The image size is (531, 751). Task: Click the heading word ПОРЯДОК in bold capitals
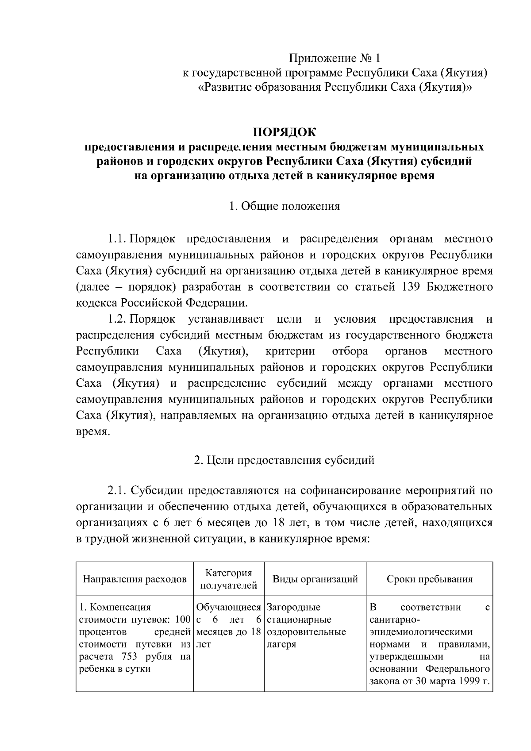tap(285, 132)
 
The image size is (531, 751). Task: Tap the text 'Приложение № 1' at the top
tap(335, 58)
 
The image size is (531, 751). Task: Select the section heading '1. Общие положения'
tap(285, 206)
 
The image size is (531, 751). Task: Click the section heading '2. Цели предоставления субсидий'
tap(285, 460)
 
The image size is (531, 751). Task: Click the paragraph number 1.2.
tap(117, 319)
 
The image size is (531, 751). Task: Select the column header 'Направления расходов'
tap(135, 579)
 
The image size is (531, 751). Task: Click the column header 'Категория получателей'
tap(229, 579)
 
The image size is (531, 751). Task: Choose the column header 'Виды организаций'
tap(315, 579)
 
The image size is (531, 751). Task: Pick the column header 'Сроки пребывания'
tap(430, 579)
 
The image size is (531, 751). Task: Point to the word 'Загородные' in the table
tap(294, 607)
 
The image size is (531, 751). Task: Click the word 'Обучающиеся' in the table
tap(228, 607)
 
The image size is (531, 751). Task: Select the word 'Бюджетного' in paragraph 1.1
tap(460, 287)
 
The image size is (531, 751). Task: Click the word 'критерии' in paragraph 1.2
tap(290, 351)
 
